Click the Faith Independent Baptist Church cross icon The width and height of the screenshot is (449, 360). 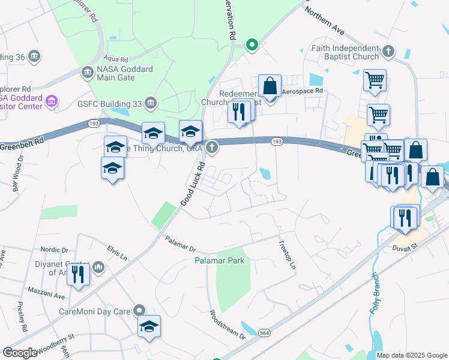coord(388,52)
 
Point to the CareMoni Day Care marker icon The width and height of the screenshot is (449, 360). coord(139,311)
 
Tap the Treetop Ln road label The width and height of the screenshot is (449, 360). coord(288,254)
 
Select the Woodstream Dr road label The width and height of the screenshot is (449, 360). coord(227,325)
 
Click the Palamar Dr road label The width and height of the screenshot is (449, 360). coord(180,244)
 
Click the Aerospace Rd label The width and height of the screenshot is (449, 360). coord(303,91)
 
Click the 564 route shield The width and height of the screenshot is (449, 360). coord(264,332)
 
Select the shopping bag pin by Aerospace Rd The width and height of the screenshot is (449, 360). coord(270,86)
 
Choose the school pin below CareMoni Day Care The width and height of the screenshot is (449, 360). coord(149,326)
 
